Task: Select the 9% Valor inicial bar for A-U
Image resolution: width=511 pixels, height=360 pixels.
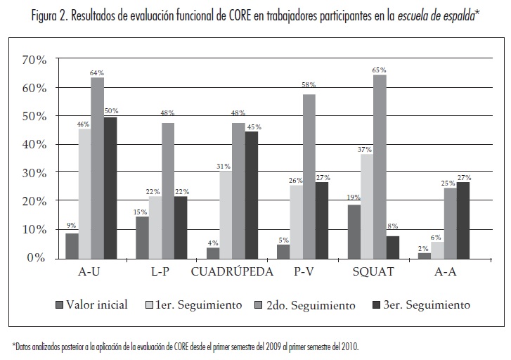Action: click(72, 245)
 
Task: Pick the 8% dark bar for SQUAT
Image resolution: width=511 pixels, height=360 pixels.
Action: click(392, 247)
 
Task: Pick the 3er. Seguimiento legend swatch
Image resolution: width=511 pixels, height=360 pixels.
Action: click(379, 305)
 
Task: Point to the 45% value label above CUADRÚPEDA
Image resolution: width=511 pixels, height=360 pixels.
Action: click(253, 127)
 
